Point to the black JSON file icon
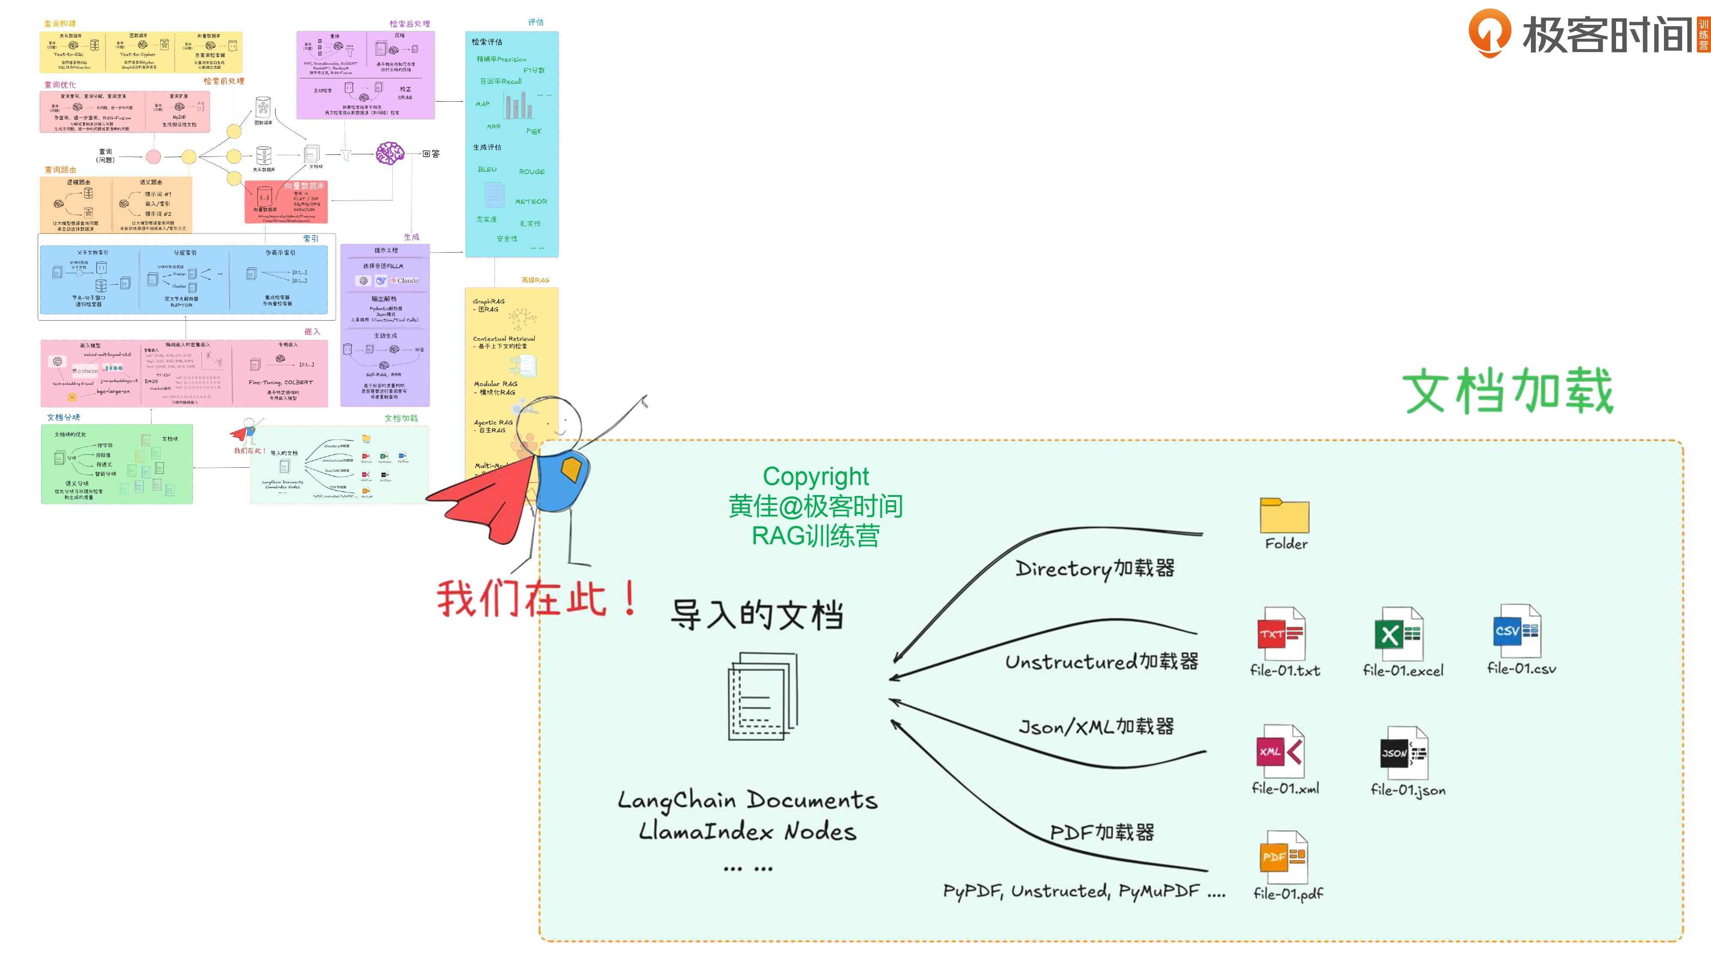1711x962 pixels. point(1403,753)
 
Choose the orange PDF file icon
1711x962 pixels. point(1283,857)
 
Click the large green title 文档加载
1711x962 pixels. point(1508,391)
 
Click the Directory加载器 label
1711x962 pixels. point(1095,568)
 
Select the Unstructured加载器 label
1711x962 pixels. point(1101,661)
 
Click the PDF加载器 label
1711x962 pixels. point(1102,832)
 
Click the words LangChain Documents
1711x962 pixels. point(747,800)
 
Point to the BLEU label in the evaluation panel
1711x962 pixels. point(487,169)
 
